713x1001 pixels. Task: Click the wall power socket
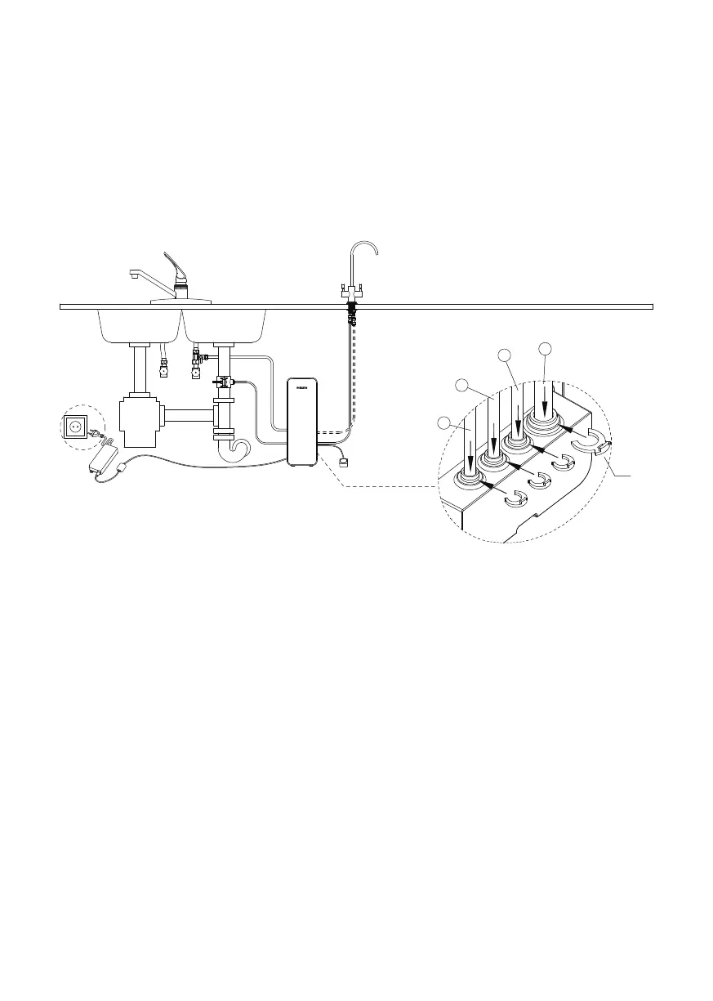tap(76, 426)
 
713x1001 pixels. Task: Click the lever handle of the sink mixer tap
tap(175, 266)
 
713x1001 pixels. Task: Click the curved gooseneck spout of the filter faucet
tap(366, 250)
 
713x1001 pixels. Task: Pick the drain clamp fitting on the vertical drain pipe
tap(223, 381)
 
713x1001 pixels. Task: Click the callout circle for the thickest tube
tap(546, 350)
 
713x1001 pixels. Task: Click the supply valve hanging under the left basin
tap(165, 369)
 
